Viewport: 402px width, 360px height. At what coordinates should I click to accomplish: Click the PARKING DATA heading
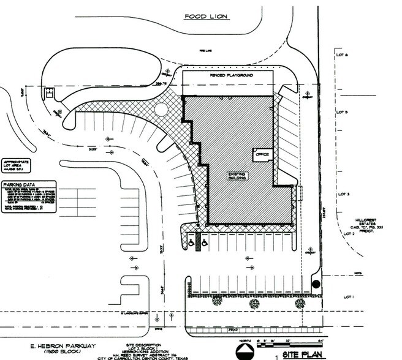tap(18, 184)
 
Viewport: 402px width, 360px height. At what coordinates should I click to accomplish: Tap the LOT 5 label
tap(341, 113)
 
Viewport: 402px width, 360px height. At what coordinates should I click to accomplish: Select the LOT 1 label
tap(350, 296)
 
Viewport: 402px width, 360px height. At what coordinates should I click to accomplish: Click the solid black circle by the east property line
tap(315, 283)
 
